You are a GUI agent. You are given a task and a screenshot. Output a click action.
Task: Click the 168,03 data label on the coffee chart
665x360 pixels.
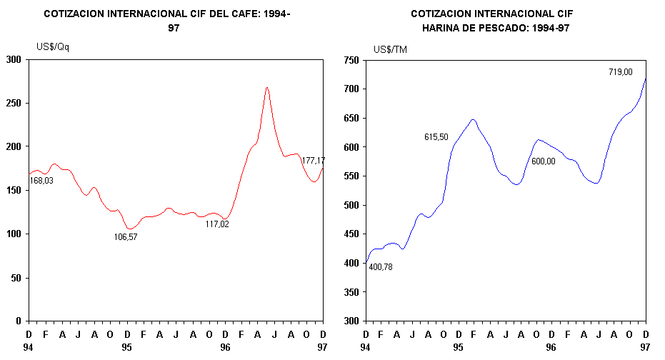(x=41, y=180)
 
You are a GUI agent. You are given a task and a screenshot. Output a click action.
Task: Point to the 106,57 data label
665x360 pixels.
(x=126, y=236)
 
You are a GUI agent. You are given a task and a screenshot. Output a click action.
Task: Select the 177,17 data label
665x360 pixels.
(x=314, y=161)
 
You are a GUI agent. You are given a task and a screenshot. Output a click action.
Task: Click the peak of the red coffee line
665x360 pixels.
(x=266, y=88)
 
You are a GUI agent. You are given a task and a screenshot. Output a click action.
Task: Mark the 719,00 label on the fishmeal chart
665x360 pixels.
(x=620, y=71)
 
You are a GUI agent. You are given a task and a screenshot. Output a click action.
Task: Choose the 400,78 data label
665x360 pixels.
(x=381, y=267)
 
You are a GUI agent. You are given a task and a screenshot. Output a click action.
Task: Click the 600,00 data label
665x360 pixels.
(x=543, y=161)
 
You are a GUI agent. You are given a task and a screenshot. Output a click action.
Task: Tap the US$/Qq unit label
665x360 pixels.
(x=53, y=47)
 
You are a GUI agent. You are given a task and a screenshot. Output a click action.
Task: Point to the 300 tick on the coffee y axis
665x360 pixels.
(x=13, y=59)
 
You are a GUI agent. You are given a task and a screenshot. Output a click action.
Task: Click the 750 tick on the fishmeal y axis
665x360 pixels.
(x=350, y=61)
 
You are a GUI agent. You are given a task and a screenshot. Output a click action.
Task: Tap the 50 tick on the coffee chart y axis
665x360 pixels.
(x=16, y=278)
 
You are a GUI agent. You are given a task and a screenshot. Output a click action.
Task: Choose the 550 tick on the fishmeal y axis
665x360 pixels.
(x=350, y=176)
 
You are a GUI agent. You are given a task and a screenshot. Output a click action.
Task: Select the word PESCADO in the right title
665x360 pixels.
(x=521, y=28)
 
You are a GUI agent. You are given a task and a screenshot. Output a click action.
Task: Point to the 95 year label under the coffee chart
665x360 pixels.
(x=126, y=347)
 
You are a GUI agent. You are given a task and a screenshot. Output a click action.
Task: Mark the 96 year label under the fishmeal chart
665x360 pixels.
(x=551, y=347)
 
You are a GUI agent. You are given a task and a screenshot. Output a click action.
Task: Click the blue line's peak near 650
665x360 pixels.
(x=473, y=120)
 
